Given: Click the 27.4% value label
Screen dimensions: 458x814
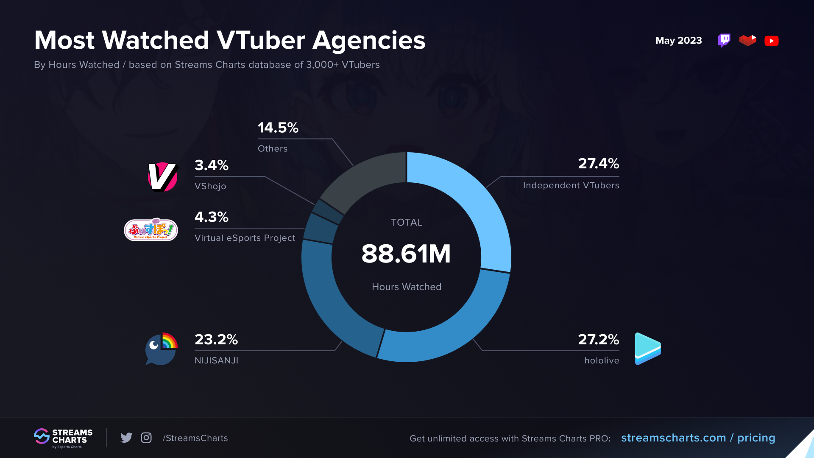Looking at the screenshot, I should (598, 164).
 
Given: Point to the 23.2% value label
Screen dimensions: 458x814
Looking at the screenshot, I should (216, 340).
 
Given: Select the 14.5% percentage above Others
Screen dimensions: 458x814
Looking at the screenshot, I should (278, 128).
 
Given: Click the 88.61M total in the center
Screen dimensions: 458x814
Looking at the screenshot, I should (406, 254).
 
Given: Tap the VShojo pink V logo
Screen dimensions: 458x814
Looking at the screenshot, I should (162, 177).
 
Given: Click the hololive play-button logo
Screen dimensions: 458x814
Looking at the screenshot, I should (647, 349).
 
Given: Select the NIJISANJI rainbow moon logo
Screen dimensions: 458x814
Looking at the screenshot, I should (161, 349).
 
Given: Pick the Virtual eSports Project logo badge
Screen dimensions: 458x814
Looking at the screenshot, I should (151, 230).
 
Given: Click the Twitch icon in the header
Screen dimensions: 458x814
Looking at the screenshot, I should (724, 41).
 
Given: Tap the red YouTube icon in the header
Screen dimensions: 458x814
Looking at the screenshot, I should (771, 41).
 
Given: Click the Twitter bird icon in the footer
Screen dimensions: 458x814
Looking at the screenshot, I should (126, 438).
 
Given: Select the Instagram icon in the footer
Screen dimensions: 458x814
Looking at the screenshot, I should (146, 438).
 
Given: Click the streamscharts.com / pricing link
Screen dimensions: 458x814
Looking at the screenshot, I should (698, 438).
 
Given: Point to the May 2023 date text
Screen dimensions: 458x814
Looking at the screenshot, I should (678, 41).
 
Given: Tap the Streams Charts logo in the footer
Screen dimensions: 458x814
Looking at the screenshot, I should (63, 438).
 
